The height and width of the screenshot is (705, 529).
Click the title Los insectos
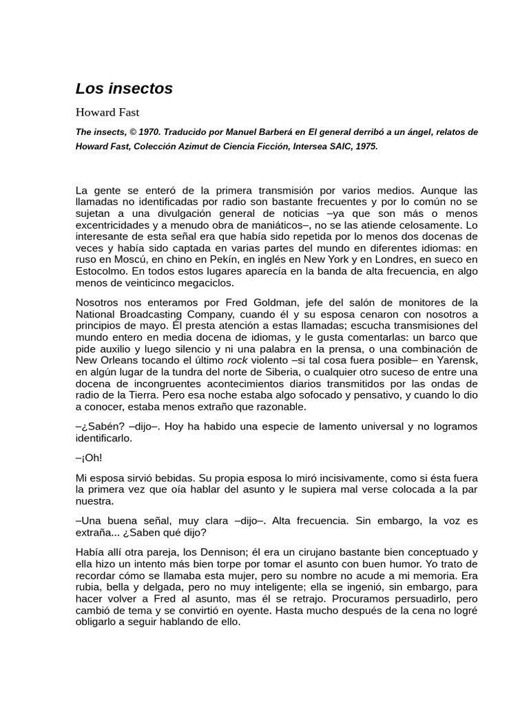point(124,89)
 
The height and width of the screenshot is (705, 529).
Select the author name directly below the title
point(107,112)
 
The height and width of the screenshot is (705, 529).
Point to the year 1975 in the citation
point(365,147)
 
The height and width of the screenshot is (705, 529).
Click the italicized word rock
point(237,360)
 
